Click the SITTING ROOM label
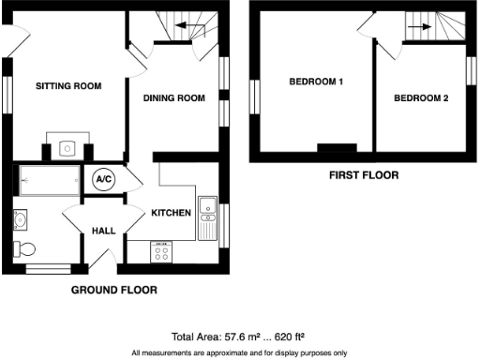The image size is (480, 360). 68,86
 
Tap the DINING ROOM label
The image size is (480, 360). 173,97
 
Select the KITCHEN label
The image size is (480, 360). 172,213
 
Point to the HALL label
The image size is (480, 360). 103,230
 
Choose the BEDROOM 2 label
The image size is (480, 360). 421,97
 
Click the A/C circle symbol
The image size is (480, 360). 104,181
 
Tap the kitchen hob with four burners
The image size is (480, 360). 162,251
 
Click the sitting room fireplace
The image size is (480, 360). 68,147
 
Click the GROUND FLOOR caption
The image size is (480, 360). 114,291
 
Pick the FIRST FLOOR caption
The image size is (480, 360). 364,175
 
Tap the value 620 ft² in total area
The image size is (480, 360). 292,335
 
